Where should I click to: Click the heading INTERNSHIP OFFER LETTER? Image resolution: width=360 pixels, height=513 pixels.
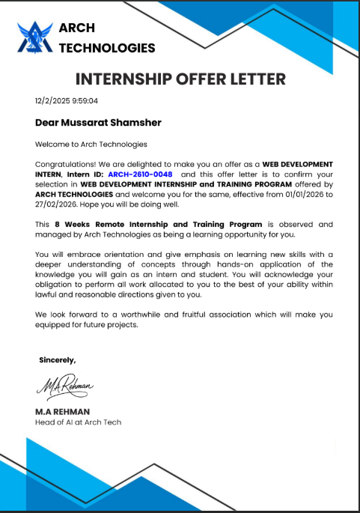pos(180,79)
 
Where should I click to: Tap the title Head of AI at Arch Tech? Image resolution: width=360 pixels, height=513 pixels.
pos(78,422)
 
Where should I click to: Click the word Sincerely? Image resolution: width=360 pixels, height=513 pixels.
pos(57,360)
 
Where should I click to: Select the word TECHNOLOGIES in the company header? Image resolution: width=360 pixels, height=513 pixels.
pos(107,48)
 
